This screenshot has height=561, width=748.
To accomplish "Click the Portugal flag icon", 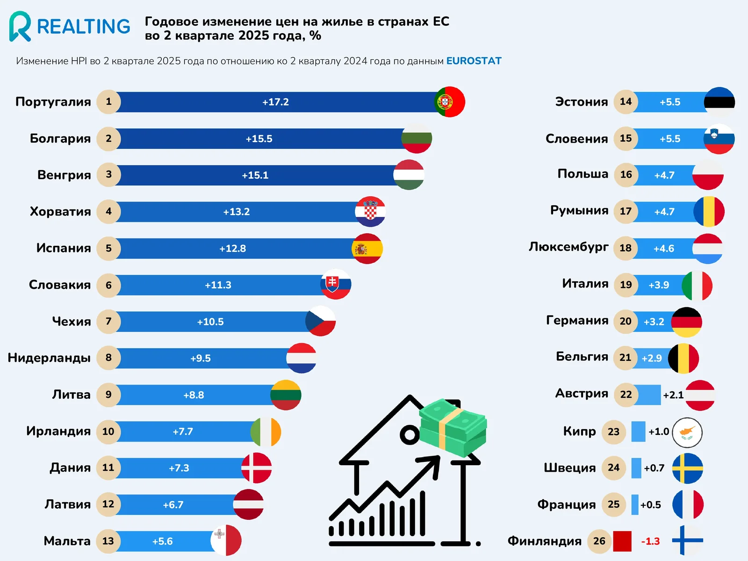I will tap(449, 102).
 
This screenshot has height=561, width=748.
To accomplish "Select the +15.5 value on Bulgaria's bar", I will tap(259, 139).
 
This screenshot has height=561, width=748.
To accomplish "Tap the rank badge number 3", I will tap(108, 175).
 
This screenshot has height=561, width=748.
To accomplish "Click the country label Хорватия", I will tap(60, 211).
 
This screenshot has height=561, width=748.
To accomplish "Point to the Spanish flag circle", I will tap(367, 249).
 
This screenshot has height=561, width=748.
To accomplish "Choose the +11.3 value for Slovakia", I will tap(218, 285).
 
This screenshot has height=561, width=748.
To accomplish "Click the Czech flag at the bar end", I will tap(321, 321).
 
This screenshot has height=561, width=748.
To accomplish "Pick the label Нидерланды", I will tap(49, 358).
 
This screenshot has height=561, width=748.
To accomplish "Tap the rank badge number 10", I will tap(108, 432).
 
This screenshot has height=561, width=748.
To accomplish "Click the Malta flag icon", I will tap(226, 540).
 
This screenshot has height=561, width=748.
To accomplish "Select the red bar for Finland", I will tap(622, 541).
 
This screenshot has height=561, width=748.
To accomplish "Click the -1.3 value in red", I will tap(650, 541).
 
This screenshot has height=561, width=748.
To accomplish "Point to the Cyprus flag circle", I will tap(687, 432).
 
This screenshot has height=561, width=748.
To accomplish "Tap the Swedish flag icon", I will tap(687, 468).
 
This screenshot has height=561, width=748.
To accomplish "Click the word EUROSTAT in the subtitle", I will tap(474, 61).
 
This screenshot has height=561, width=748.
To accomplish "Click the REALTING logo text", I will tap(84, 27).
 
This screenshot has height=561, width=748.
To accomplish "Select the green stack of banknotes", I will tap(453, 427).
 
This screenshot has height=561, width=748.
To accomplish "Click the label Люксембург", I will tap(568, 247).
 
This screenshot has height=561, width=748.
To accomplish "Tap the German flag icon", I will tap(686, 322).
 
